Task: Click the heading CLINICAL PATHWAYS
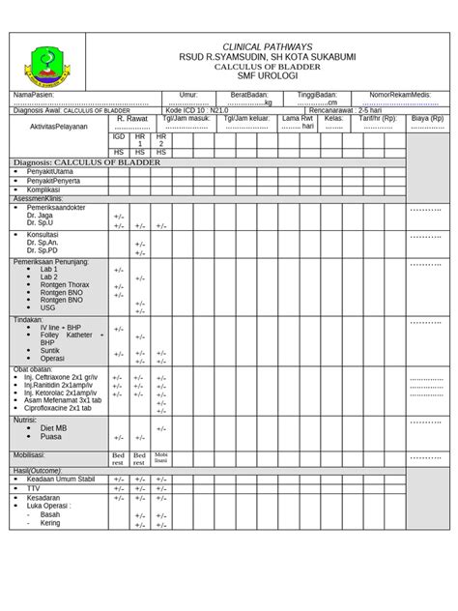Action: point(267,46)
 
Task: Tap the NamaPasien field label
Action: point(33,96)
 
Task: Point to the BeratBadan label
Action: point(248,96)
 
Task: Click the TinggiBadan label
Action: point(317,96)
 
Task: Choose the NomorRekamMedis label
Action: point(397,96)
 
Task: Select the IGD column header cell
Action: point(119,137)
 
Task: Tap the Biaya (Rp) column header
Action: point(427,119)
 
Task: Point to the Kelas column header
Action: point(334,119)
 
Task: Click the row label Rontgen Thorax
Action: point(65,284)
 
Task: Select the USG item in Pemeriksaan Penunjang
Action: point(48,307)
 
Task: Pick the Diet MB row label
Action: point(53,427)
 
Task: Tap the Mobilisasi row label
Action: point(29,453)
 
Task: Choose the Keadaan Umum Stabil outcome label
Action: point(61,479)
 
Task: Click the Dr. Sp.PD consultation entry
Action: point(43,250)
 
